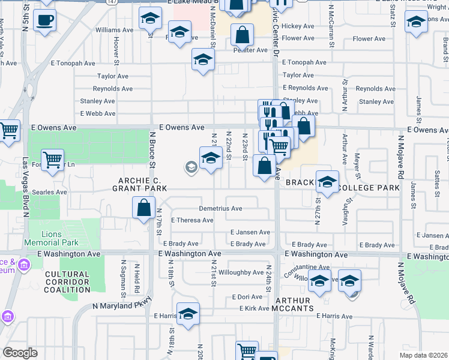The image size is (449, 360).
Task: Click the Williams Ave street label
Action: click(x=113, y=29)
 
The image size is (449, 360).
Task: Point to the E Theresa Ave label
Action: click(x=192, y=220)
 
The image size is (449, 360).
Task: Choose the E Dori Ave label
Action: click(x=247, y=297)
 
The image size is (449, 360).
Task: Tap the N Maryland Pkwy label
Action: click(x=120, y=306)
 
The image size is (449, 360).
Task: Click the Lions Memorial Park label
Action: click(x=52, y=238)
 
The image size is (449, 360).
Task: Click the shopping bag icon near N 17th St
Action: click(x=145, y=208)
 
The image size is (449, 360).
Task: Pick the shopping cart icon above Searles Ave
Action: click(x=53, y=160)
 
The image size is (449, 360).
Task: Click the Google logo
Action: click(x=20, y=353)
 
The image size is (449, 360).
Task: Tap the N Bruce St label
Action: click(x=152, y=151)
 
